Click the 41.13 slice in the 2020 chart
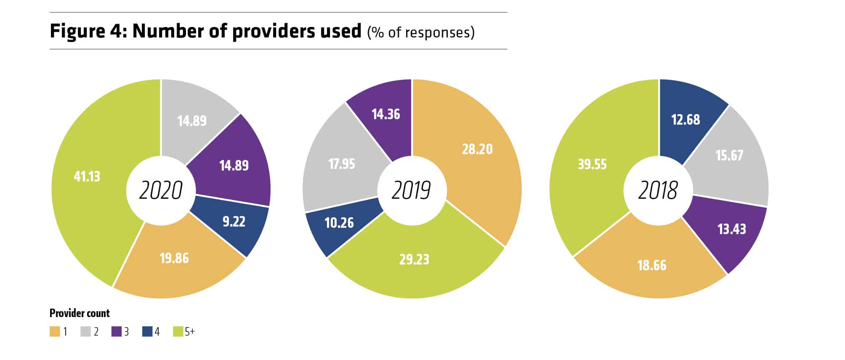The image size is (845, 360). click(x=87, y=176)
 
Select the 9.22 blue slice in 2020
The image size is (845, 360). click(x=234, y=221)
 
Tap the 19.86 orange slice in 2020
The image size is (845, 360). click(x=174, y=258)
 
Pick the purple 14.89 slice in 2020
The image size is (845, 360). click(x=234, y=165)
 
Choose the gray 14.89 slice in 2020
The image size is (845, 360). click(x=192, y=121)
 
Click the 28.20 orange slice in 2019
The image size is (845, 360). click(x=477, y=149)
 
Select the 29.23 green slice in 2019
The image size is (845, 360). click(x=414, y=259)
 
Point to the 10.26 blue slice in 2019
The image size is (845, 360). click(x=339, y=223)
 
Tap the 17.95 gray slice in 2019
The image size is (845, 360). click(x=341, y=163)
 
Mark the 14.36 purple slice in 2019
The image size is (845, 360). click(x=385, y=114)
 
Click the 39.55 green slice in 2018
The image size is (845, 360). click(x=592, y=164)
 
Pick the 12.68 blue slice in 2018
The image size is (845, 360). click(x=686, y=120)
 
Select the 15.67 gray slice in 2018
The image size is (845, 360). click(x=729, y=155)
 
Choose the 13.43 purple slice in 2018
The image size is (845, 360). click(x=731, y=229)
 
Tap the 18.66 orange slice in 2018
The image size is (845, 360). click(x=652, y=265)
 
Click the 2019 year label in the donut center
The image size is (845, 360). click(x=411, y=190)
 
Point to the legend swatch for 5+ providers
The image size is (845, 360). click(x=178, y=332)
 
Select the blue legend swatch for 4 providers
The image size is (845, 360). click(x=147, y=332)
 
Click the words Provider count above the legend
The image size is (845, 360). click(x=80, y=313)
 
